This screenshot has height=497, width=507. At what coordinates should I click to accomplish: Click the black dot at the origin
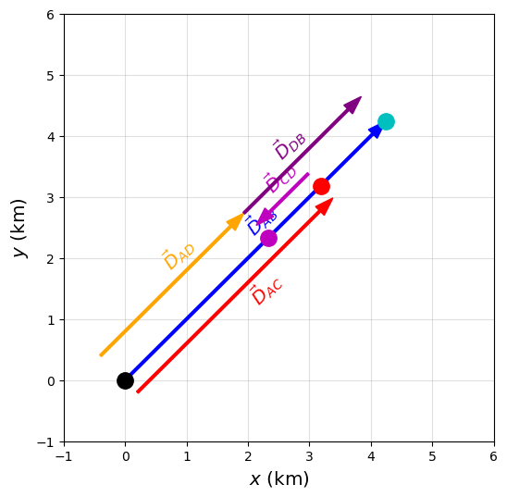[x=125, y=380]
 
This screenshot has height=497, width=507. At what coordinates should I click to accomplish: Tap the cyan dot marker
[x=386, y=121]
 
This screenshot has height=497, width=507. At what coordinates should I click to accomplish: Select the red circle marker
[x=321, y=186]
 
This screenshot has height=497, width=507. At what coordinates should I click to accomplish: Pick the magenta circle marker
[x=268, y=238]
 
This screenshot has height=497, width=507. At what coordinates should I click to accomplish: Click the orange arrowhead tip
[x=243, y=213]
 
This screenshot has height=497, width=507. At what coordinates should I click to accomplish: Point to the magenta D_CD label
[x=279, y=180]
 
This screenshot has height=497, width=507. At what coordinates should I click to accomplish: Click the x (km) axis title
[x=279, y=478]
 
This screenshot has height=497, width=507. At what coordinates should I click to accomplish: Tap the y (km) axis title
[x=19, y=229]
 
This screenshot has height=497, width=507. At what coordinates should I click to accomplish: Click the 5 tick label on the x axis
[x=432, y=456]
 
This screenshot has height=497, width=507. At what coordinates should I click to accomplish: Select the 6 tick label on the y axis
[x=51, y=15]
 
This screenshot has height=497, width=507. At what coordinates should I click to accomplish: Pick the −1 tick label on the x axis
[x=64, y=456]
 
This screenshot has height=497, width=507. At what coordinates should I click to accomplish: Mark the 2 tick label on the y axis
[x=51, y=259]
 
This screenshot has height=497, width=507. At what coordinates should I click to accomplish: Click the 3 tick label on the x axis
[x=309, y=456]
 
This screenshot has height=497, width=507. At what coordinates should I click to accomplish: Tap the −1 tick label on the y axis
[x=46, y=442]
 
